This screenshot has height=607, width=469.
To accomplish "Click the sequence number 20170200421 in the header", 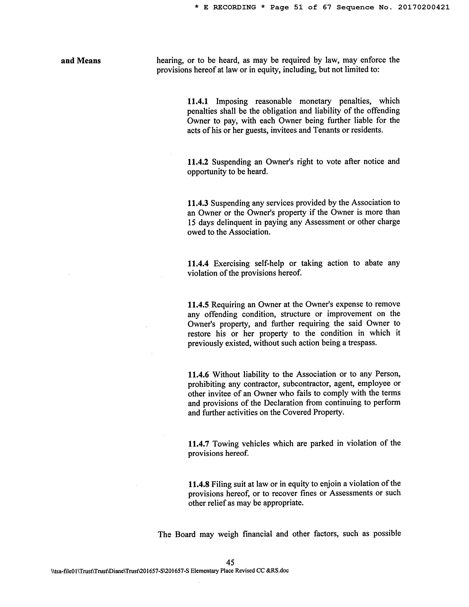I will (x=423, y=8).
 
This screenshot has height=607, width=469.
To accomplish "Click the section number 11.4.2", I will (x=198, y=162).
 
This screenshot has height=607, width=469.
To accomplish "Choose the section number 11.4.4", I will (x=198, y=263).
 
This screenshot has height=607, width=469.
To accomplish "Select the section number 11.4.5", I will (x=198, y=305).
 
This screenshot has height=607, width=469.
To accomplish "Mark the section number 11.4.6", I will (x=198, y=374).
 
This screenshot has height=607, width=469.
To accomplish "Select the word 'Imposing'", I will (x=232, y=101).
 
